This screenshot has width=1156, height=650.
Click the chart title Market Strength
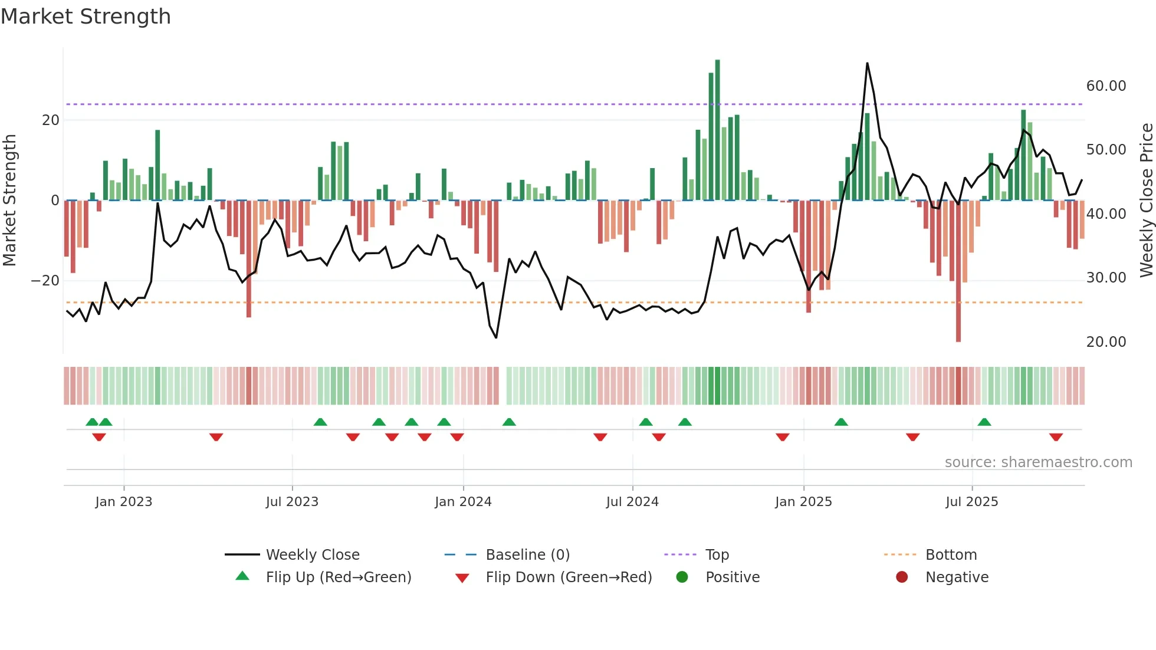click(x=86, y=17)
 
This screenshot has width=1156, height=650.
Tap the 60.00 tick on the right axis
click(x=1106, y=86)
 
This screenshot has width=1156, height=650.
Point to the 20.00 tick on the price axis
click(x=1106, y=342)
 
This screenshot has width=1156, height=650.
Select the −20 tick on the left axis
click(x=45, y=281)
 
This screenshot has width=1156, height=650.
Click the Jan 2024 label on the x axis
click(x=463, y=502)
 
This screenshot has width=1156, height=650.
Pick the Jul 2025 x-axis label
click(x=971, y=502)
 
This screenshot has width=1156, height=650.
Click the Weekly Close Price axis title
click(x=1146, y=201)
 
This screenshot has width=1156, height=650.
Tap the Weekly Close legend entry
click(x=312, y=555)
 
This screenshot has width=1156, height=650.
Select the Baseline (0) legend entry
click(x=527, y=555)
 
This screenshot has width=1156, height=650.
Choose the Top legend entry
click(x=717, y=555)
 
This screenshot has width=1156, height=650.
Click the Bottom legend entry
click(x=951, y=555)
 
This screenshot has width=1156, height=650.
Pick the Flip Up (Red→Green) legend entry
click(x=338, y=577)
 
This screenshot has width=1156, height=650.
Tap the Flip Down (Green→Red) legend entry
click(x=569, y=577)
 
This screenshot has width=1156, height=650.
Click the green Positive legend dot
click(x=682, y=577)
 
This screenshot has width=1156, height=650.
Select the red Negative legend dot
click(x=902, y=577)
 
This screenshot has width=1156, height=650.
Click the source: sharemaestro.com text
click(x=1038, y=462)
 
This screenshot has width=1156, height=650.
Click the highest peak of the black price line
click(x=867, y=63)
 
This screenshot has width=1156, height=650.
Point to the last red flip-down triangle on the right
click(x=1056, y=437)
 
